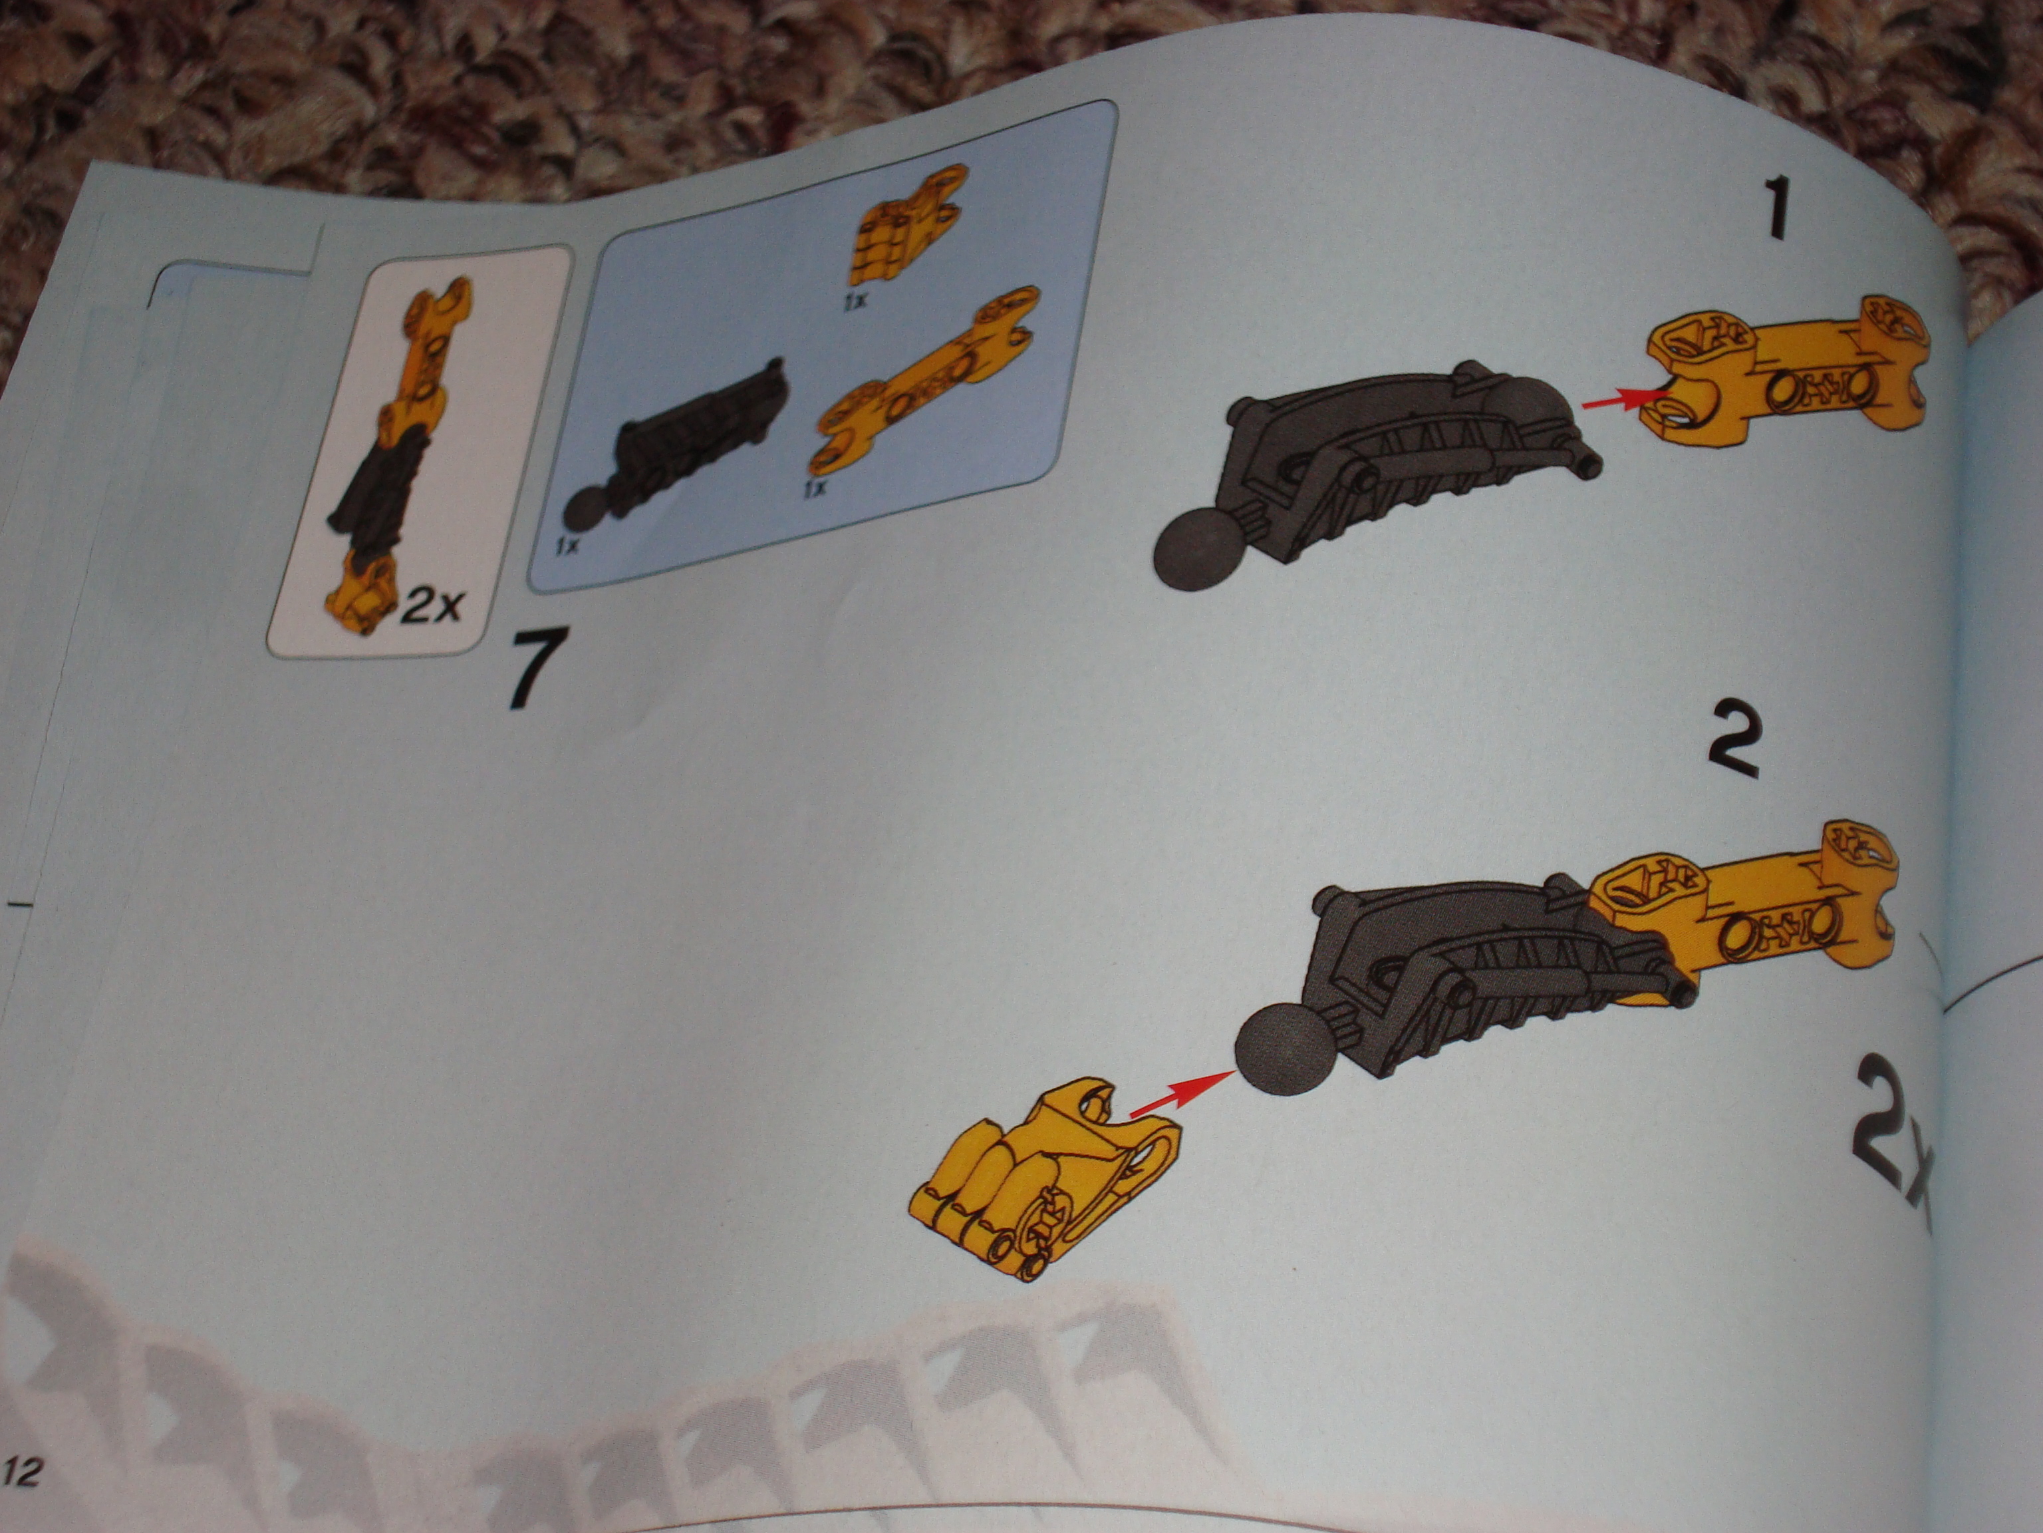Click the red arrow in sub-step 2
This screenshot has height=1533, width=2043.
(x=1183, y=1097)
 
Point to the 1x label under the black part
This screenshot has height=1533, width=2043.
(x=566, y=546)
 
